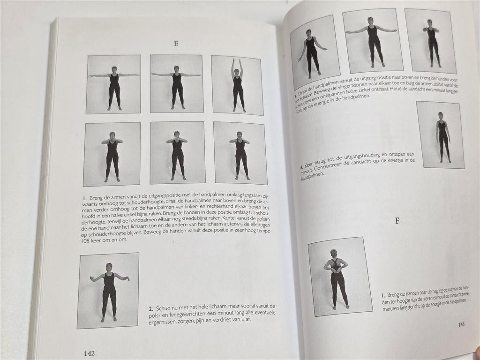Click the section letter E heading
tap(176, 44)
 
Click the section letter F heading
tap(397, 220)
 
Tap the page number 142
tap(89, 353)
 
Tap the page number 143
tap(461, 324)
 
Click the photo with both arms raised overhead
tap(237, 85)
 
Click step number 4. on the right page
tap(301, 166)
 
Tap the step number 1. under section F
tap(383, 295)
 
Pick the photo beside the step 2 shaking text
tap(109, 290)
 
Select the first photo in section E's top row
tap(113, 84)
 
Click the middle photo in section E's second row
tap(177, 153)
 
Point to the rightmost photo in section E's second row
tap(240, 153)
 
